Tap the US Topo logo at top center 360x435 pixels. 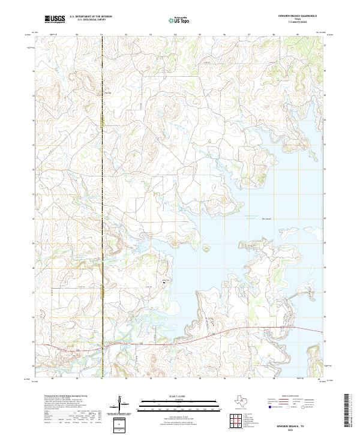[x=180, y=20]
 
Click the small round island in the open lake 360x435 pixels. [x=206, y=247]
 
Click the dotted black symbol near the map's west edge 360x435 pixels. [x=42, y=312]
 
